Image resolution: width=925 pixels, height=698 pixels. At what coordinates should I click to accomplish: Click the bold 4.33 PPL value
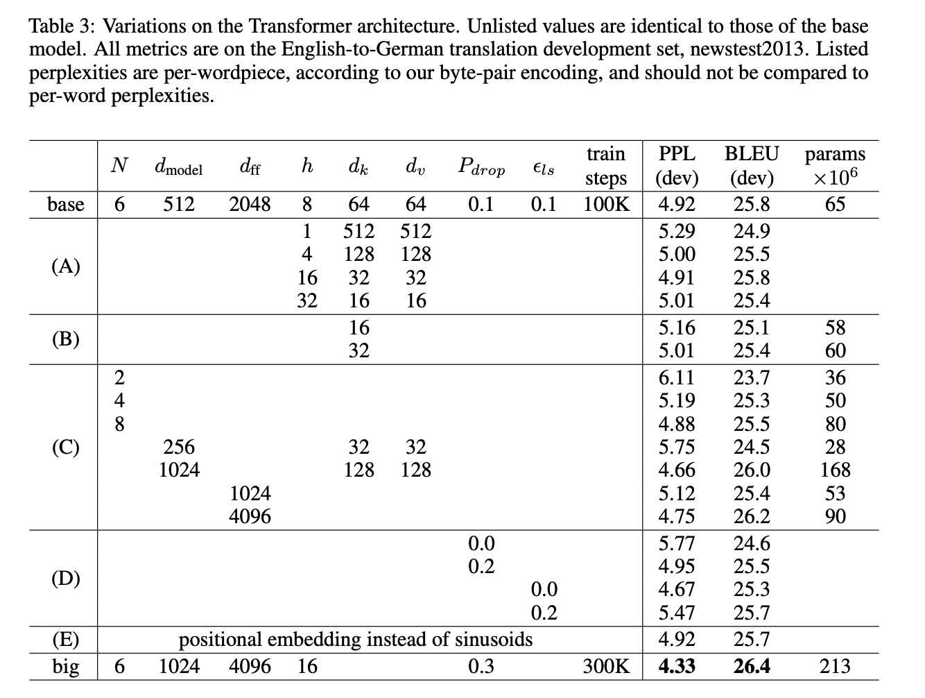point(676,667)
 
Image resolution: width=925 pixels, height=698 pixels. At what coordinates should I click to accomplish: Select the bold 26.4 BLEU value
point(752,667)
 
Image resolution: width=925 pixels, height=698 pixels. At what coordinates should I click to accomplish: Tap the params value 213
point(835,667)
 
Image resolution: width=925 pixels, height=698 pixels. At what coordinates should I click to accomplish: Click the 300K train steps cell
point(606,667)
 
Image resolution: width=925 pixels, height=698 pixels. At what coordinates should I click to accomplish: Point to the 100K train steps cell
point(606,205)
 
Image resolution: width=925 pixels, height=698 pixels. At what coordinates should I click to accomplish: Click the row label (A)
point(66,266)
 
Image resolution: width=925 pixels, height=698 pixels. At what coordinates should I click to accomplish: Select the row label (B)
point(66,339)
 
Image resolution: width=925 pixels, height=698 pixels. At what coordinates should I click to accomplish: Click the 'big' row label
point(66,667)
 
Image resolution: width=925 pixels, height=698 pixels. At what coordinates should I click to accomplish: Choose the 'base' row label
point(66,205)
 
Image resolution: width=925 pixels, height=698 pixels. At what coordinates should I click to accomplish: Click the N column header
point(119,166)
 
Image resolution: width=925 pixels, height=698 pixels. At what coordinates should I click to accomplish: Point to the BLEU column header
point(752,154)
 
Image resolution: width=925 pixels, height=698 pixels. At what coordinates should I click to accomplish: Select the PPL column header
point(676,154)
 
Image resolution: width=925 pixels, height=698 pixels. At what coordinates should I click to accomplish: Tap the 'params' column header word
point(835,154)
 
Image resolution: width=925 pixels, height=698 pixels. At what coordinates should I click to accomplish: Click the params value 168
point(835,470)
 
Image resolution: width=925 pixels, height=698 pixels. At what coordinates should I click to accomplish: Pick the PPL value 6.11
point(676,378)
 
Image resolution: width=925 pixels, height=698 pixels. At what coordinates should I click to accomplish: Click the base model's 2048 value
point(250,205)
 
